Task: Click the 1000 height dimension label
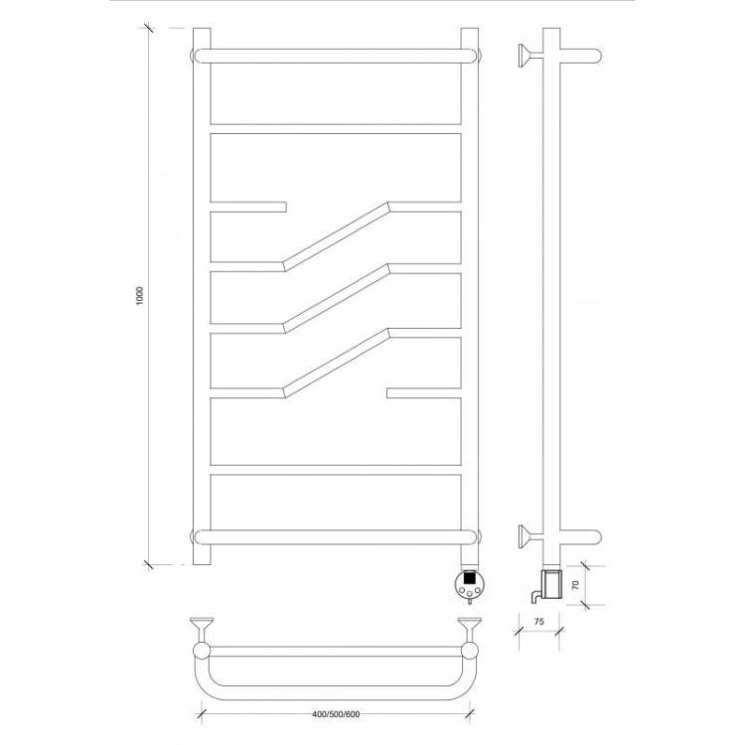click(139, 296)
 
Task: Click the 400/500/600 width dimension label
click(336, 714)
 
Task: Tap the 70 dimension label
click(576, 585)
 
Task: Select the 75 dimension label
click(538, 622)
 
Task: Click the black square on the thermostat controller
click(470, 578)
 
